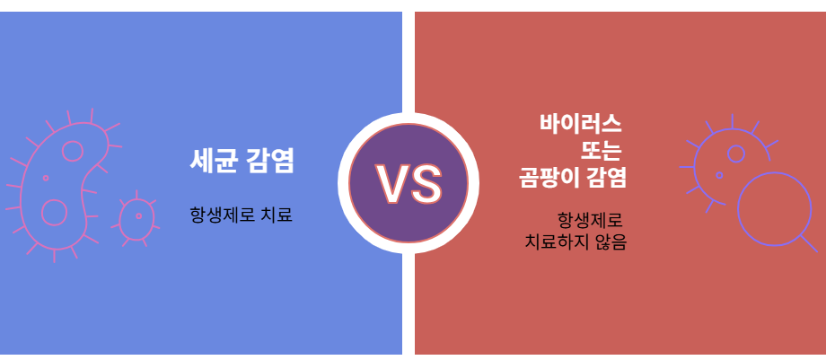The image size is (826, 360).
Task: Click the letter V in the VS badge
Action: pos(391,183)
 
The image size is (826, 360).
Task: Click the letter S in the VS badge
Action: pos(426,183)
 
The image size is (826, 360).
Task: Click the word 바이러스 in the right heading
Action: pos(581,123)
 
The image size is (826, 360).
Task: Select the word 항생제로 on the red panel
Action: pos(591,220)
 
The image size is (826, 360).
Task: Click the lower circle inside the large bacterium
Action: pos(55,212)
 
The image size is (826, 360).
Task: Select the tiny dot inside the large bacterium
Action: pos(46,179)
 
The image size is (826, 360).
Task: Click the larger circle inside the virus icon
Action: pos(735,154)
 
